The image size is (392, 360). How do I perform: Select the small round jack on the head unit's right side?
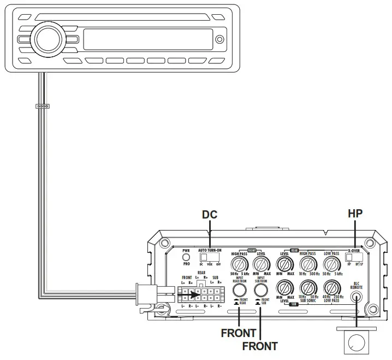click(x=219, y=40)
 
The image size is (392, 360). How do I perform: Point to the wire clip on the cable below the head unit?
click(x=42, y=107)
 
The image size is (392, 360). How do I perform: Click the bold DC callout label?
click(x=210, y=215)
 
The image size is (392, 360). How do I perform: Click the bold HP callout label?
click(x=356, y=215)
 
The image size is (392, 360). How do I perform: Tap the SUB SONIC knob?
click(x=308, y=288)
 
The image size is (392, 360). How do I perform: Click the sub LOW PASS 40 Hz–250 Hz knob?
click(x=331, y=288)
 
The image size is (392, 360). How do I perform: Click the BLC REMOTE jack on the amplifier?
click(x=357, y=298)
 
